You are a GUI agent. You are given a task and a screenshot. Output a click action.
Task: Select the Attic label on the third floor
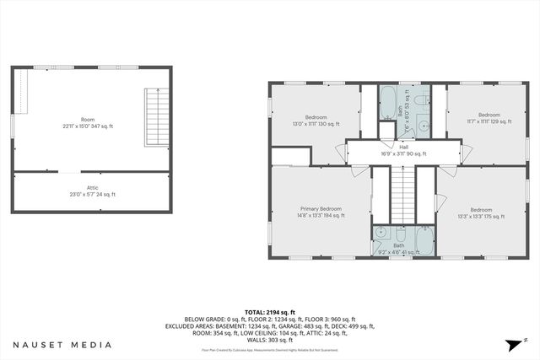93,191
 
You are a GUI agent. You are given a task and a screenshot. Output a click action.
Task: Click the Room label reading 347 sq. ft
88,122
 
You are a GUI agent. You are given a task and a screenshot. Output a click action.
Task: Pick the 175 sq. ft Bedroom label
481,213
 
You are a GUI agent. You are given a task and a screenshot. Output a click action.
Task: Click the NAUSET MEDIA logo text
62,345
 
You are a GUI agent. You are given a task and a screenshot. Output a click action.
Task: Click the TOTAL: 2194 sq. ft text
271,311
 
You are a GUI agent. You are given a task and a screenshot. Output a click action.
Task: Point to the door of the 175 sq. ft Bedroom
439,202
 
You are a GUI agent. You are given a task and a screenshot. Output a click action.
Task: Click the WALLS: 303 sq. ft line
271,339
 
